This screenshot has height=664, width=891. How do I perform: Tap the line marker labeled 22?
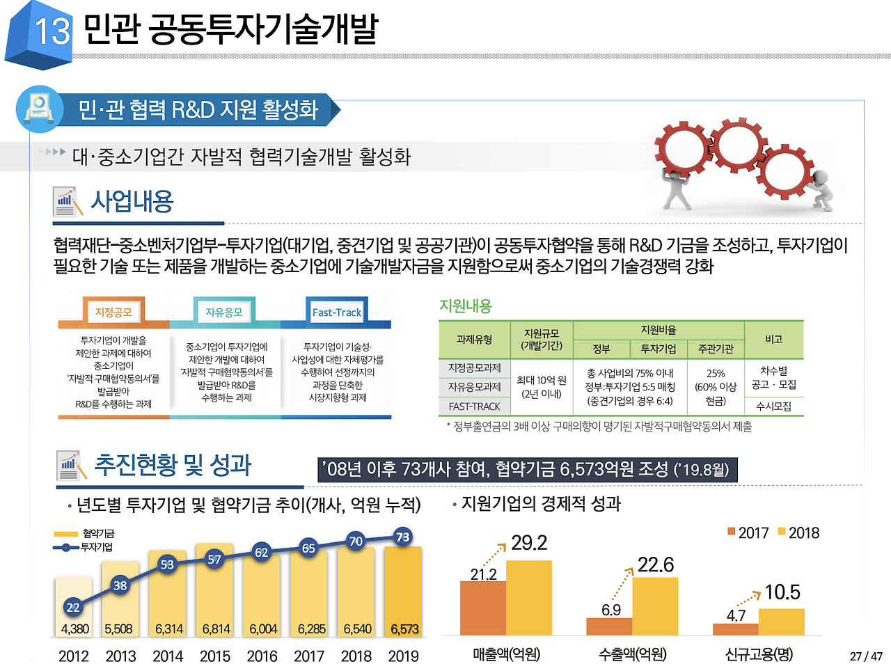pos(73,607)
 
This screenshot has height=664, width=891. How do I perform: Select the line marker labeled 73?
pos(402,537)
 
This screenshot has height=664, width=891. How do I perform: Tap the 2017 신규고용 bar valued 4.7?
pos(735,629)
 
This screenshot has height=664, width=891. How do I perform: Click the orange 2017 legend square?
pos(732,532)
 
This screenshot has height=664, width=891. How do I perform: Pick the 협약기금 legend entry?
pos(84,534)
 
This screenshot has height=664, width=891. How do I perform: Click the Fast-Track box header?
pos(336,313)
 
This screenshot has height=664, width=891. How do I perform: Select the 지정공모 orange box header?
pos(113,313)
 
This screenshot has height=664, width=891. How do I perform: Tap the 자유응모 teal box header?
pos(224,313)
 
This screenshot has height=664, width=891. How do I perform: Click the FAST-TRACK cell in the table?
pos(474,406)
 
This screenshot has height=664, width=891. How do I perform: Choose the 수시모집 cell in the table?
pos(773,406)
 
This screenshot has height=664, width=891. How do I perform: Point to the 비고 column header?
pos(773,339)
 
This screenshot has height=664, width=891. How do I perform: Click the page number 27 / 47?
pos(866,656)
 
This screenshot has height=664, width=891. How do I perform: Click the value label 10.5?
pos(782,592)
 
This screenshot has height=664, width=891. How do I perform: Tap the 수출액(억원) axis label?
pos(632,654)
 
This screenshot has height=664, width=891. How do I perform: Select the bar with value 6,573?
pos(403,592)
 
